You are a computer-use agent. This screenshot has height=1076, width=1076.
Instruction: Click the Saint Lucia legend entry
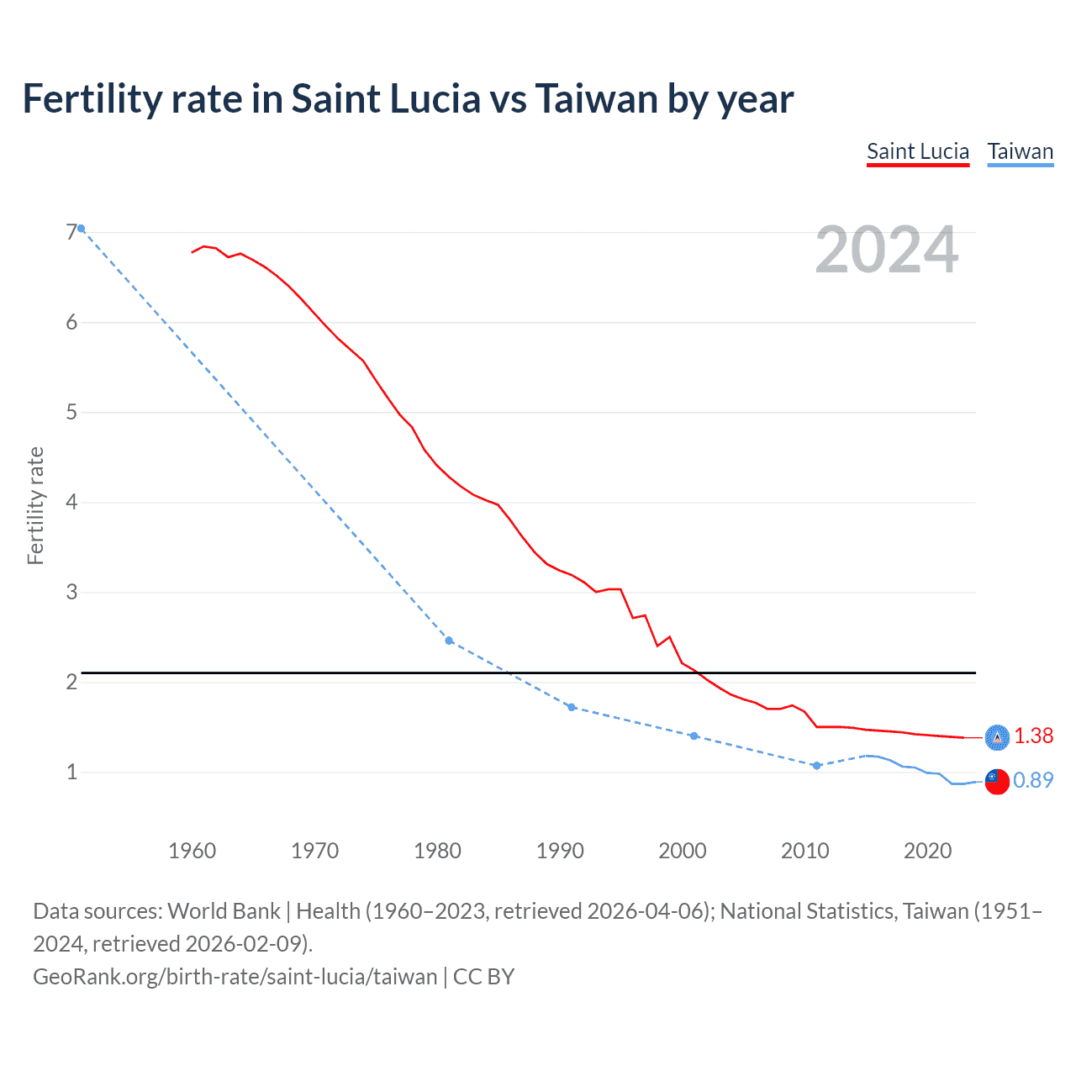(x=918, y=151)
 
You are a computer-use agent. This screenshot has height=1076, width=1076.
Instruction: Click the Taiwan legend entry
(x=1020, y=151)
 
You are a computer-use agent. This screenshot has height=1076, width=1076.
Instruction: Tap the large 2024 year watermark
(x=886, y=250)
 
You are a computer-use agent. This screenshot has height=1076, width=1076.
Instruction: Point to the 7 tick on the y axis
(x=71, y=232)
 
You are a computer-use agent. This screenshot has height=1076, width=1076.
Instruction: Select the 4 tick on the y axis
(x=71, y=502)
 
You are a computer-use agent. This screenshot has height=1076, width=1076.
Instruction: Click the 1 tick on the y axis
(x=71, y=772)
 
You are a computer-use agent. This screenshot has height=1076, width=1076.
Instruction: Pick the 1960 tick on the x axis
(x=192, y=851)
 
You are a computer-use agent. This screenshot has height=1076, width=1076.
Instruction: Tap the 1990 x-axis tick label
(x=560, y=851)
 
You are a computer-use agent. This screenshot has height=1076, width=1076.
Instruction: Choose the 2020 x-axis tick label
(x=927, y=851)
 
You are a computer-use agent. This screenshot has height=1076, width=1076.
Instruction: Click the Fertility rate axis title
(x=35, y=505)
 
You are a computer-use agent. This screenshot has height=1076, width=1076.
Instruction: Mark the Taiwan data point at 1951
(x=81, y=228)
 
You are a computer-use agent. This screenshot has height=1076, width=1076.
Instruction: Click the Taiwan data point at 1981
(x=449, y=641)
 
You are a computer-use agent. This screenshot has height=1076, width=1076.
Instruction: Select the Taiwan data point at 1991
(x=572, y=707)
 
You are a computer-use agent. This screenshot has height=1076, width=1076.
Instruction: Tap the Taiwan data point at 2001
(x=694, y=736)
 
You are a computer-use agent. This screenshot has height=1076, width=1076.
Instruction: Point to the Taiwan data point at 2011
(x=816, y=765)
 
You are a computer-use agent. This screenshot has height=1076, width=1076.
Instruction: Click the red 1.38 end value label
(x=1033, y=736)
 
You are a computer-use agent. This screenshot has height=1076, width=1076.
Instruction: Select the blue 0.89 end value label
(x=1033, y=781)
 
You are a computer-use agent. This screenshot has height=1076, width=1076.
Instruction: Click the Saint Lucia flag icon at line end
(x=997, y=737)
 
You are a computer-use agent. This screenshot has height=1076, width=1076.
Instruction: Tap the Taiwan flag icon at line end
(x=997, y=781)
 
